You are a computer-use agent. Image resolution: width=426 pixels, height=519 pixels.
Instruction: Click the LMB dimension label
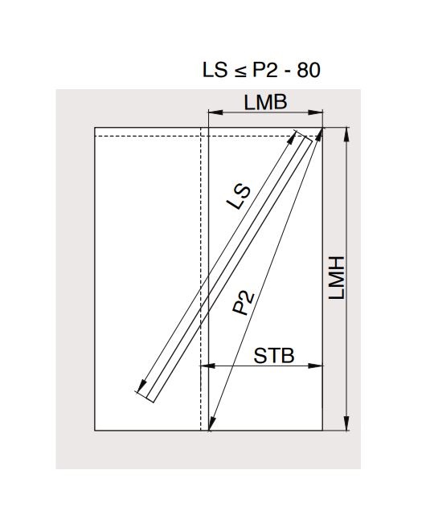[265, 102]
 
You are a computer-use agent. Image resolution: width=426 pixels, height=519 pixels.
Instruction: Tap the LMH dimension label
[337, 278]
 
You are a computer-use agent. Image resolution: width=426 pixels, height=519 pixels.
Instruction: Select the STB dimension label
[274, 356]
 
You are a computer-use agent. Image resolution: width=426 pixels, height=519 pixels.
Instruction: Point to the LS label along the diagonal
[239, 198]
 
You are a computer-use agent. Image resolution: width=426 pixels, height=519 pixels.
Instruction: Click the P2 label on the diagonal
[244, 303]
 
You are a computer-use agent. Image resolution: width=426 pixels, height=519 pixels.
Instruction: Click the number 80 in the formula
[309, 70]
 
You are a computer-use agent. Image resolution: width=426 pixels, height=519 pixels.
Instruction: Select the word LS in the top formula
[215, 70]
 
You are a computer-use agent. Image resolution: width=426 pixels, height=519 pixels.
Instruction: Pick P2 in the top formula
[265, 70]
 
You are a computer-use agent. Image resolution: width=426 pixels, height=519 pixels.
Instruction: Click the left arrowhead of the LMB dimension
[215, 112]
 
